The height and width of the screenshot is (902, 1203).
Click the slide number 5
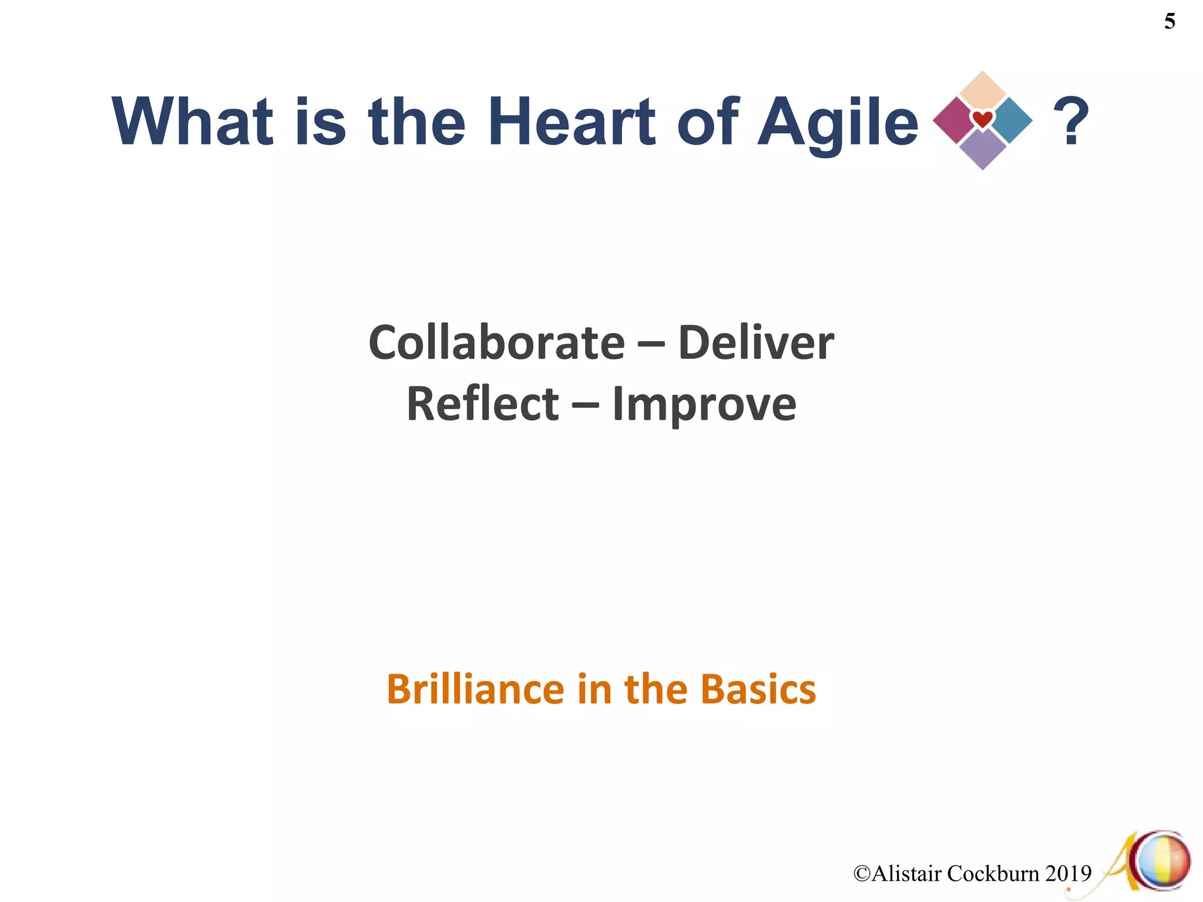point(1169,22)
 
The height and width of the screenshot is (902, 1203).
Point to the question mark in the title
point(1071,122)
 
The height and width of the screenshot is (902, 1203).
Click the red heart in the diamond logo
point(983,120)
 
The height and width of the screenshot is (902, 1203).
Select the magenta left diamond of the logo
point(955,120)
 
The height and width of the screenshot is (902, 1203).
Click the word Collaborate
point(496,343)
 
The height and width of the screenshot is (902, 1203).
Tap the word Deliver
point(755,343)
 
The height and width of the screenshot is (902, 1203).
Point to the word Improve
point(704,405)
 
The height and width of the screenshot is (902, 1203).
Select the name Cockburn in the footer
point(993,874)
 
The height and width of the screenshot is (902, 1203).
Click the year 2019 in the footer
point(1068,874)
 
